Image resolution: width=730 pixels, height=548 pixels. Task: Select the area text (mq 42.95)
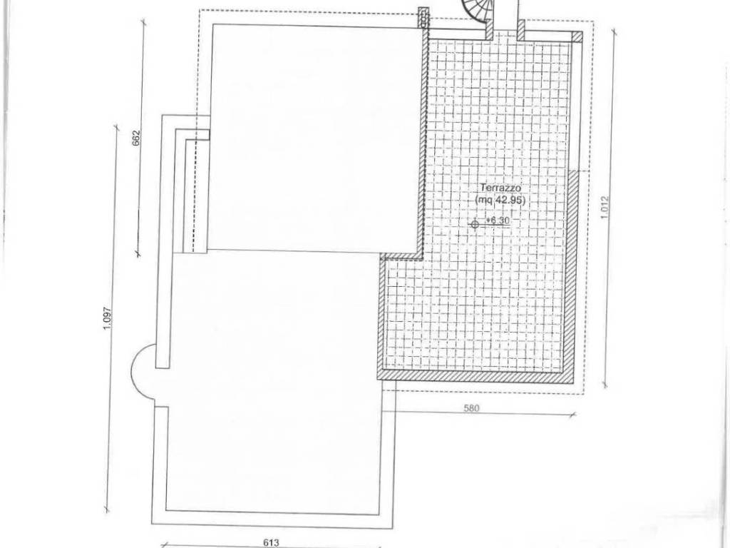tap(500, 201)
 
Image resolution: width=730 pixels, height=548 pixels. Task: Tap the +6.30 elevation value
tap(497, 220)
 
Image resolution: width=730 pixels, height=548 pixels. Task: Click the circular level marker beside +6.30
tap(475, 224)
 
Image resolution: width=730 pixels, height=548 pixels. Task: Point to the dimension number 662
tap(136, 138)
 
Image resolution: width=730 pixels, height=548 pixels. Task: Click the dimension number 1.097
tap(107, 318)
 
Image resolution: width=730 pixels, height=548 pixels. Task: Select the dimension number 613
tap(271, 542)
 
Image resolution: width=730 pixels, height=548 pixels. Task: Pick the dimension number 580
tap(471, 409)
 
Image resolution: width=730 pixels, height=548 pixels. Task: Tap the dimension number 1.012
tap(605, 208)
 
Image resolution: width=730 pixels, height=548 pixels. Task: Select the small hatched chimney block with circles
tap(423, 17)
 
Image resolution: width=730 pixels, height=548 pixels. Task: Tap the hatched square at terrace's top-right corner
tap(577, 37)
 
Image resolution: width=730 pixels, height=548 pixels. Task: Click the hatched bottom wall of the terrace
tap(475, 375)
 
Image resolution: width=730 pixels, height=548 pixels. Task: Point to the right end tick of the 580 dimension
tap(574, 414)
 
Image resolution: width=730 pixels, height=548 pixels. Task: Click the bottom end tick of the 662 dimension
tap(138, 254)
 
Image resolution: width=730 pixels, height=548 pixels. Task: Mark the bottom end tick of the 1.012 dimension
tap(605, 385)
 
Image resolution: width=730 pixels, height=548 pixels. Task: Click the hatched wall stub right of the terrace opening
tap(521, 31)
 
